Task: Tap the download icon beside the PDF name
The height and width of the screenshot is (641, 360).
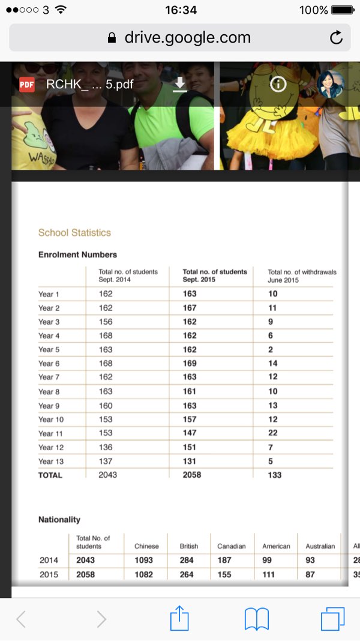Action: pyautogui.click(x=180, y=85)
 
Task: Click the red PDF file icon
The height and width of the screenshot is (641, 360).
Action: pyautogui.click(x=26, y=85)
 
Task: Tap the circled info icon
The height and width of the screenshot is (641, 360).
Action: pyautogui.click(x=278, y=85)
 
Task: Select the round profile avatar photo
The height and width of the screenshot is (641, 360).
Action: pyautogui.click(x=331, y=85)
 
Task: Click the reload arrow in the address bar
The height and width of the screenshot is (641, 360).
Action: pyautogui.click(x=337, y=38)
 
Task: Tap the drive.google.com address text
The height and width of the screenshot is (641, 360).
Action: pyautogui.click(x=187, y=38)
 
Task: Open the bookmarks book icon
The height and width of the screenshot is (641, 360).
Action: pyautogui.click(x=256, y=619)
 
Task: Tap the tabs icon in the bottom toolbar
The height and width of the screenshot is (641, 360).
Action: pyautogui.click(x=332, y=619)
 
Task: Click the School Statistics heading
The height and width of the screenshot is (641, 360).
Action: pyautogui.click(x=74, y=233)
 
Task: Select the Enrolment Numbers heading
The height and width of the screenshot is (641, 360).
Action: pyautogui.click(x=77, y=254)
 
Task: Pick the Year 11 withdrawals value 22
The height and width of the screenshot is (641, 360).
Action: pyautogui.click(x=272, y=433)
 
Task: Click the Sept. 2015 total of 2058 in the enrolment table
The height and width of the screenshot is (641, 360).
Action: pyautogui.click(x=192, y=475)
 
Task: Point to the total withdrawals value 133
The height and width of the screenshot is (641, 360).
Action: pyautogui.click(x=274, y=475)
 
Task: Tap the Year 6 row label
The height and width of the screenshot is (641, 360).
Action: pyautogui.click(x=49, y=364)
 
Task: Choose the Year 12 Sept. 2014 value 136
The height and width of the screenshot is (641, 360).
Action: pyautogui.click(x=106, y=447)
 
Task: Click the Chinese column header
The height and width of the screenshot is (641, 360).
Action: pyautogui.click(x=146, y=546)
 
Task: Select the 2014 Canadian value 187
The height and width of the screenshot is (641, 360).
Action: pyautogui.click(x=223, y=560)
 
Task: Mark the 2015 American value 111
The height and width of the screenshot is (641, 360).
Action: pyautogui.click(x=268, y=574)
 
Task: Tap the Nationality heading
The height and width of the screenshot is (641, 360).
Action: pyautogui.click(x=59, y=520)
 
